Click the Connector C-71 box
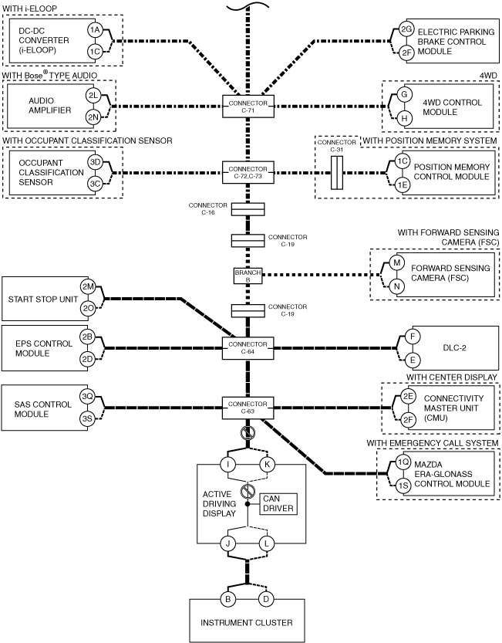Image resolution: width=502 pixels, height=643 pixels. (248, 107)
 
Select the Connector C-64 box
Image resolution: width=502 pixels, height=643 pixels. (248, 348)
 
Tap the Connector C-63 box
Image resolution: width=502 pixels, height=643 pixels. (248, 408)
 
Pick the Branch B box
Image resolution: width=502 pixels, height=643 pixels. (248, 276)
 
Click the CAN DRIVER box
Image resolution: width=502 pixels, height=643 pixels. (278, 503)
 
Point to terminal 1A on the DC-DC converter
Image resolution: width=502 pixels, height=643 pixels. (95, 29)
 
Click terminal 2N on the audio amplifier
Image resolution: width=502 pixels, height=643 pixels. (93, 117)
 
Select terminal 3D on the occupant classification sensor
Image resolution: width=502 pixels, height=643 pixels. (95, 162)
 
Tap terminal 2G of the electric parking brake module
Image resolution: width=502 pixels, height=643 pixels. (406, 29)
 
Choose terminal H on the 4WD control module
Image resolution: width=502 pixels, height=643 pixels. (404, 119)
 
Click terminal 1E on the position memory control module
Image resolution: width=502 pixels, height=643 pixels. (403, 185)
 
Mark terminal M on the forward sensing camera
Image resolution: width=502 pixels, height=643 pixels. (396, 263)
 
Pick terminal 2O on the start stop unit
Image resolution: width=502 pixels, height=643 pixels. (88, 309)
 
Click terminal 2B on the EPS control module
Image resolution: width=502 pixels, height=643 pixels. (87, 337)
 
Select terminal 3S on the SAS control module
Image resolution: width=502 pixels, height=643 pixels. (87, 418)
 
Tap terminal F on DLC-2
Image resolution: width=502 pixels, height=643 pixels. (413, 337)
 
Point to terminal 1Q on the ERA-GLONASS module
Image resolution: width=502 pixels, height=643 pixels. (403, 462)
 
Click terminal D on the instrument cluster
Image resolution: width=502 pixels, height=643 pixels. (266, 599)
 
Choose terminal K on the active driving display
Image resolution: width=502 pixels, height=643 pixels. (267, 465)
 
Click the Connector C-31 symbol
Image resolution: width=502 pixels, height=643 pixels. (337, 173)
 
